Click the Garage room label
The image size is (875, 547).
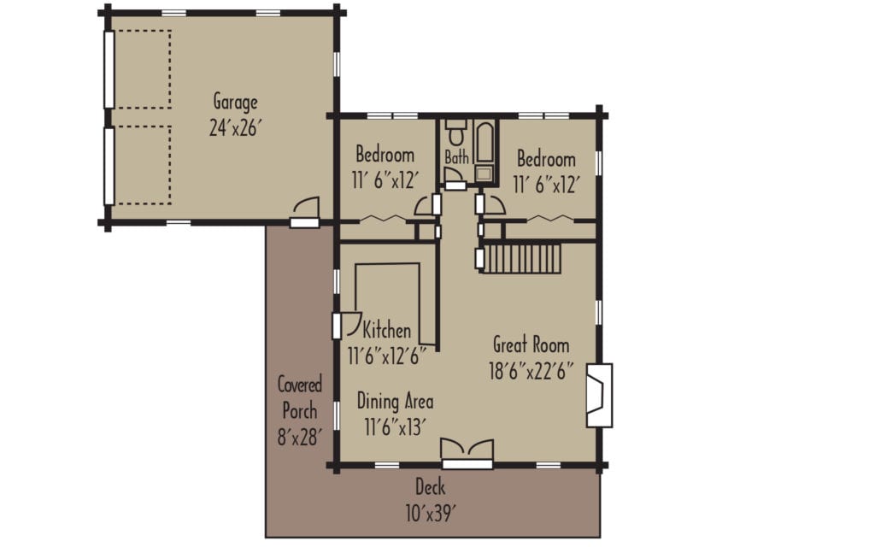tap(235, 103)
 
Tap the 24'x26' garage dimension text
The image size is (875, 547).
tap(235, 127)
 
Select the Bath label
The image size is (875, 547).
tap(456, 157)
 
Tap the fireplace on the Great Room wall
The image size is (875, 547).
tap(600, 395)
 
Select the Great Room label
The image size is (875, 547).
tap(531, 345)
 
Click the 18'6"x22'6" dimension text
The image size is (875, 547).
tap(531, 373)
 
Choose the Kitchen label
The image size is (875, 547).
tap(387, 330)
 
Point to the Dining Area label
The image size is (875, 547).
tap(394, 401)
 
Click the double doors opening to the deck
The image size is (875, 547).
tap(467, 453)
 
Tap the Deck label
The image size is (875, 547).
tap(430, 488)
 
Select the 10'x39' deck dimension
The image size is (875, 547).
tap(430, 514)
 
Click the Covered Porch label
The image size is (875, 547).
tap(299, 397)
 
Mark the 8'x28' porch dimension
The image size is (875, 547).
tap(299, 438)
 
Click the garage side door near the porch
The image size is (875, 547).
tap(305, 213)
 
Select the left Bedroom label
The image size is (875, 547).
tap(385, 156)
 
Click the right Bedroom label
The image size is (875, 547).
tap(546, 159)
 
